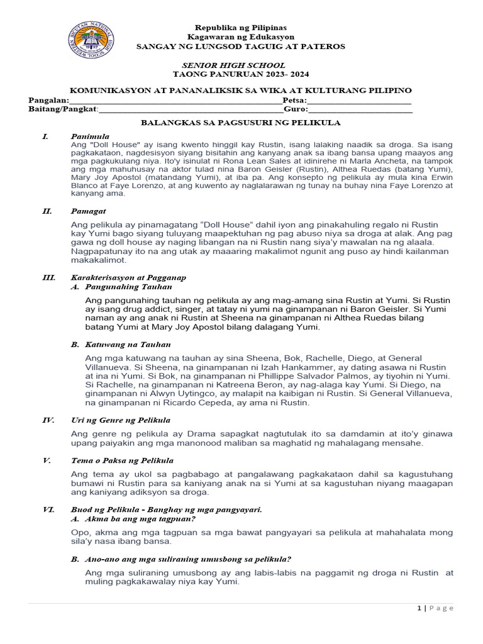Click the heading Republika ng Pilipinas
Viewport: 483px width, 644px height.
coord(240,28)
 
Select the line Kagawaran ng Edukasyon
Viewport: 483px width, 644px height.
coord(240,37)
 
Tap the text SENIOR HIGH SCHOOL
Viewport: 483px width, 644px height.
coord(233,65)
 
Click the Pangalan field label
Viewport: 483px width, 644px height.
coord(48,100)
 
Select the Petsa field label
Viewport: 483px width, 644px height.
coord(294,100)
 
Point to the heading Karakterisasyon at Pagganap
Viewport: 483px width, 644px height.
coord(128,277)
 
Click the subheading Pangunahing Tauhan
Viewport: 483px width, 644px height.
coord(128,286)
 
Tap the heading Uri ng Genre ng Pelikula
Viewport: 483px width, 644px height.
coord(120,419)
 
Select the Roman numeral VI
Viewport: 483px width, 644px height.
coord(48,509)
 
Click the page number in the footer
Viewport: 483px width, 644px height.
coord(419,608)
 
